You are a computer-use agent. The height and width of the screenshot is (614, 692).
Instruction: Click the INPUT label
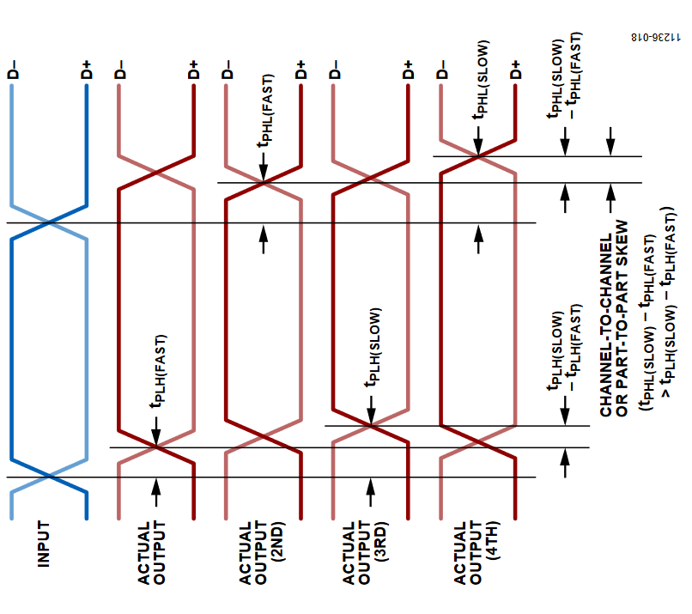43,544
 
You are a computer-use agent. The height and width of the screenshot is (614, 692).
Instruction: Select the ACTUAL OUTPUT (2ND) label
261,553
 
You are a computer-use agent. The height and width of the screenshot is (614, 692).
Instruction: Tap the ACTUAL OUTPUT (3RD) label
365,553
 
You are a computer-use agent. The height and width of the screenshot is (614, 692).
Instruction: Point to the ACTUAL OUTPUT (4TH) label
476,553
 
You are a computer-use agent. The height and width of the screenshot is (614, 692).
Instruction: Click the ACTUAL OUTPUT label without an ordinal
151,553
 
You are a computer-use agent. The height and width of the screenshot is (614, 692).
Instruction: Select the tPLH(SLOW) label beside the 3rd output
373,348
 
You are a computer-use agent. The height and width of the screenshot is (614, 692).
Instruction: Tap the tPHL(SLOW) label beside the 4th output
481,80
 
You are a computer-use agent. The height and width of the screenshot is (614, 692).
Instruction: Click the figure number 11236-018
655,37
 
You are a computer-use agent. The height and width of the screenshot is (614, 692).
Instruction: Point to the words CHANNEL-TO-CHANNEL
606,325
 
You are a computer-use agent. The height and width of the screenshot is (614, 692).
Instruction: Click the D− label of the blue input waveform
13,70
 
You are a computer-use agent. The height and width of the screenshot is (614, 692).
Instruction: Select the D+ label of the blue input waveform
87,70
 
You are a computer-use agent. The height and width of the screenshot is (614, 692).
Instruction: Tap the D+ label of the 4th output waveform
515,70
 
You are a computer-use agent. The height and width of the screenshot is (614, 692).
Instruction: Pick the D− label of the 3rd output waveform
335,70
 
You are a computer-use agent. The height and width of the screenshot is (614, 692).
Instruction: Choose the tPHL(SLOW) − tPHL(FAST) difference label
565,76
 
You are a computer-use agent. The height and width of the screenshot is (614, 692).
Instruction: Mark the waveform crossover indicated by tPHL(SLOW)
478,156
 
